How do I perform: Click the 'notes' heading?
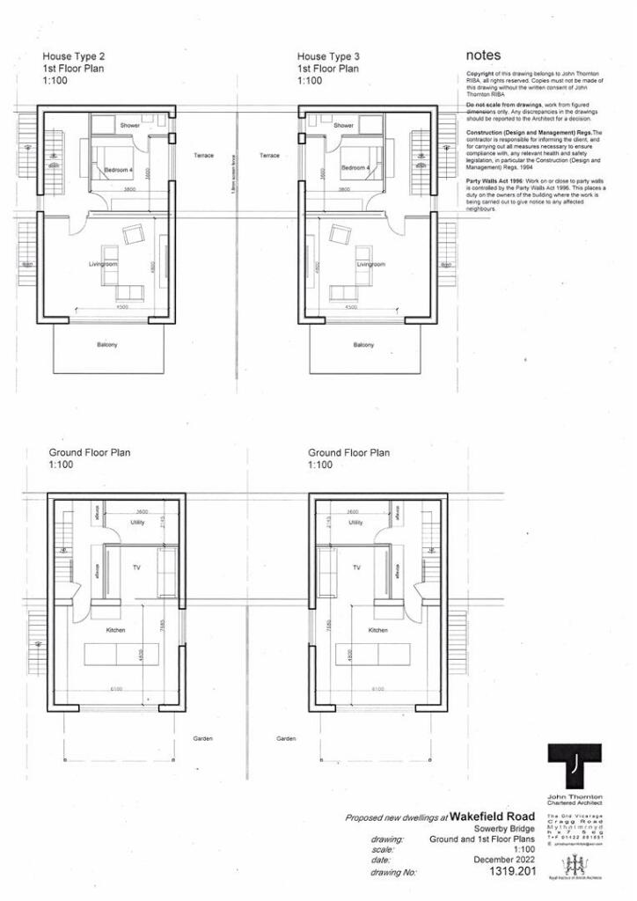(x=484, y=55)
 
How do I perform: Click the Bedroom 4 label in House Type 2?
(x=120, y=169)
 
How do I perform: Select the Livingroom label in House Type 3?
(x=370, y=264)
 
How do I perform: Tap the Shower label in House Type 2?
(x=130, y=126)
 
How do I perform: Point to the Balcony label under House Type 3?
(x=363, y=345)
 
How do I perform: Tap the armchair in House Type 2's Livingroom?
(x=135, y=235)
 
